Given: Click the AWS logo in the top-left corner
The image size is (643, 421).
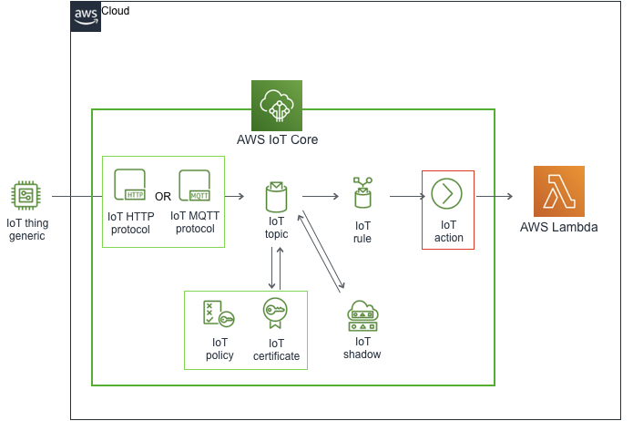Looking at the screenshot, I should click(86, 16).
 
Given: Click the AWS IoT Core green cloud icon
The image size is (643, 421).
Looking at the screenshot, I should click(276, 105).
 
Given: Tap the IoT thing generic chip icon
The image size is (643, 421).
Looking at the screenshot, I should click(26, 195).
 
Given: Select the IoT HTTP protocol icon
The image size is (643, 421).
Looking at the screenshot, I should click(130, 186).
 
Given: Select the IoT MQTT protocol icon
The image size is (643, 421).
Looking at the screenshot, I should click(195, 186).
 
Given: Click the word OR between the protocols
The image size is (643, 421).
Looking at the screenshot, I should click(163, 196).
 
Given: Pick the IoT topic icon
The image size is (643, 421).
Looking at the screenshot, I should click(277, 195).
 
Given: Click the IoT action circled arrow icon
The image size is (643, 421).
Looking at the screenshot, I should click(447, 193).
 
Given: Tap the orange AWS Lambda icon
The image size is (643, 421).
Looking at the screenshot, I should click(558, 190).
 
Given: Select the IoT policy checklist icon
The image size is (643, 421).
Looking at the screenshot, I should click(219, 314).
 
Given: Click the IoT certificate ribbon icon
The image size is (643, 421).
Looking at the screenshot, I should click(276, 314).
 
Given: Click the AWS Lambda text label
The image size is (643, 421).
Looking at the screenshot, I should click(558, 227).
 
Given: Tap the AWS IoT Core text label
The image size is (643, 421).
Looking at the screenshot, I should click(276, 140).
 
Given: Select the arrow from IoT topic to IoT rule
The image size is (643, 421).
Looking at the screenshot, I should click(320, 196).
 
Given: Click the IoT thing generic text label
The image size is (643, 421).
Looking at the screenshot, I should click(26, 229).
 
